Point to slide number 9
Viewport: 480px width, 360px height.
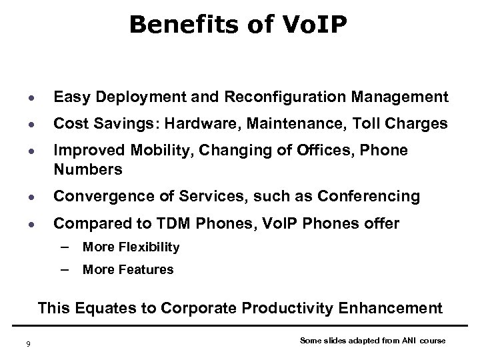coord(27,343)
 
